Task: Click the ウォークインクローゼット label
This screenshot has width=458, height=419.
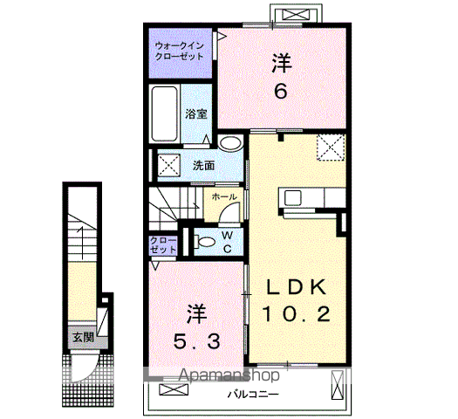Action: tap(179, 51)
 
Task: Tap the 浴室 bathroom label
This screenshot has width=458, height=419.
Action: tap(196, 114)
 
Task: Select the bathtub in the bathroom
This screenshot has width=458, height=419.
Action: tap(165, 113)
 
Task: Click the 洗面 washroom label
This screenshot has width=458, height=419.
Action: tap(203, 166)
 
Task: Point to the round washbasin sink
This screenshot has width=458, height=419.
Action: tap(231, 143)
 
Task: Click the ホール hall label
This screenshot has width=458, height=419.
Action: tap(224, 196)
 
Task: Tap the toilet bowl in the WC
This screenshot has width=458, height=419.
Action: tap(206, 242)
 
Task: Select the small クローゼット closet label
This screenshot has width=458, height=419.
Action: tap(162, 245)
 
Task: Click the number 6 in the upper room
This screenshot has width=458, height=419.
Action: tap(280, 91)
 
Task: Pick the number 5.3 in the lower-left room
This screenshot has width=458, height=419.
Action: tap(196, 341)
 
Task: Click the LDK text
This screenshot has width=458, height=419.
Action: tap(296, 287)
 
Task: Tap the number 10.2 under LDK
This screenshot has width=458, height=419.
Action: tap(296, 313)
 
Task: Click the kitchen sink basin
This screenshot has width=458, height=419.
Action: tap(292, 198)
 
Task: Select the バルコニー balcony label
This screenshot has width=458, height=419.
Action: tap(253, 395)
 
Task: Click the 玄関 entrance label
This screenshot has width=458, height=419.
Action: tap(83, 338)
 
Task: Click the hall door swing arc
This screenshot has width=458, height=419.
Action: tap(227, 209)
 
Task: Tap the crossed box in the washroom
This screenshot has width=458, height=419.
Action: tap(169, 166)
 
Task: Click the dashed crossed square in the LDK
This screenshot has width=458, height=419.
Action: tap(331, 148)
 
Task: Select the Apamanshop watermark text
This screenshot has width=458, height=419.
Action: tap(229, 375)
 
